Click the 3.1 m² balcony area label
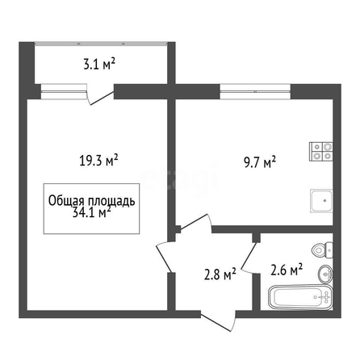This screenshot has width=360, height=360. tap(99, 65)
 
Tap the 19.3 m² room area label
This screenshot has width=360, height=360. tap(98, 161)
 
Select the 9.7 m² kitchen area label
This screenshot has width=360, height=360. tap(260, 163)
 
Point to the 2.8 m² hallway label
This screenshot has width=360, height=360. tap(220, 274)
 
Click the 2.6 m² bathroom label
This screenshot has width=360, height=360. tap(287, 270)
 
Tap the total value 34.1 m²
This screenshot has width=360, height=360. tap(91, 212)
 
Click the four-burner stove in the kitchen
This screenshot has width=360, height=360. tap(321, 152)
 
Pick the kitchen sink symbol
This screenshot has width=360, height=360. tap(321, 201)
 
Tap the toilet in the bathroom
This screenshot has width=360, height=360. tap(322, 250)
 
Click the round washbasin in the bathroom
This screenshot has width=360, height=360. tap(325, 274)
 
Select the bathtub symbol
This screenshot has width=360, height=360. tap(300, 297)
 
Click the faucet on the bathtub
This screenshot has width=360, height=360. tap(325, 296)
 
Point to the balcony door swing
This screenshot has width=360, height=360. tap(100, 96)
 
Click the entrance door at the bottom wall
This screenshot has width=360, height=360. tap(219, 321)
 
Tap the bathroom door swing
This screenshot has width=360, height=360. tap(248, 257)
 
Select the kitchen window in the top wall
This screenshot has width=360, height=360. tap(255, 92)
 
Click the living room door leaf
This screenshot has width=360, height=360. tap(164, 257)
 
